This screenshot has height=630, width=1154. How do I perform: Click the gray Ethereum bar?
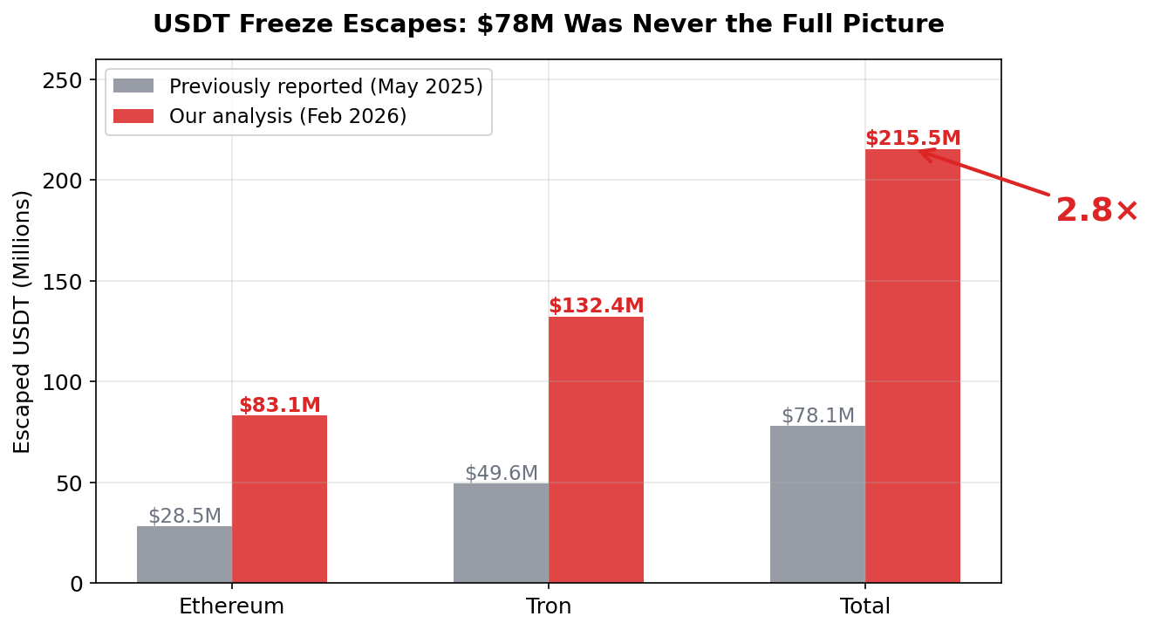point(184,554)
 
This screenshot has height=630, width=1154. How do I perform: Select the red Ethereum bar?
point(279,499)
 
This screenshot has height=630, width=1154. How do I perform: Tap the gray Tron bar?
point(501,532)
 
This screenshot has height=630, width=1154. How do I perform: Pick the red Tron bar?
point(596,449)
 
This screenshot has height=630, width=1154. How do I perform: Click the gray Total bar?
point(817,504)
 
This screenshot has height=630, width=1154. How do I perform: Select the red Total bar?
point(912,366)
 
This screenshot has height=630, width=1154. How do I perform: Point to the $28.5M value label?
point(184,516)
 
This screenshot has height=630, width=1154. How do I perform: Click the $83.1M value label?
point(280,406)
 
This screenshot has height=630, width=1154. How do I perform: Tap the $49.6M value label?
point(501,473)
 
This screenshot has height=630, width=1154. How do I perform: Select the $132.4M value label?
point(596,306)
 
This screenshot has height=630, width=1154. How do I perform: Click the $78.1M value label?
point(817,415)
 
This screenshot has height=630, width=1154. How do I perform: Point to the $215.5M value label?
point(912,139)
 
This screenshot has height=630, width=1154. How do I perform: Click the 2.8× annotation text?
point(1096,211)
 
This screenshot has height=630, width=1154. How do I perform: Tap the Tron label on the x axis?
point(549,606)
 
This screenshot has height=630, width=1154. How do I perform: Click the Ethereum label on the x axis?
point(231,606)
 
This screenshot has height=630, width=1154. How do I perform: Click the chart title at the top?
point(548,24)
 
